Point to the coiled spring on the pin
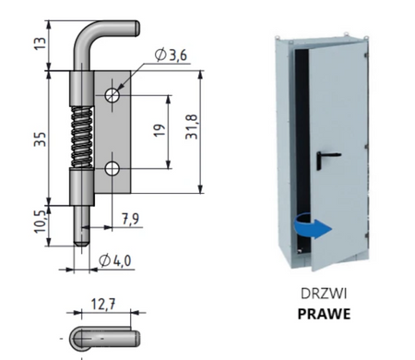(x=82, y=138)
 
